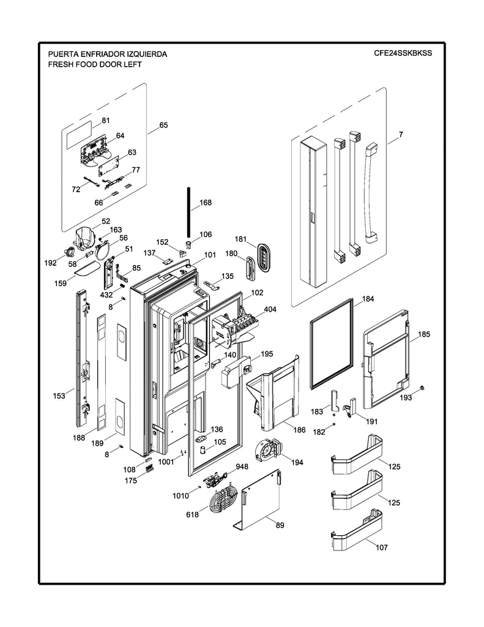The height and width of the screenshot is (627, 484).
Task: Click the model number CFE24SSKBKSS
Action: (x=403, y=53)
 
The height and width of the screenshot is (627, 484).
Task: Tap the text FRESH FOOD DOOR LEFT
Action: (x=92, y=64)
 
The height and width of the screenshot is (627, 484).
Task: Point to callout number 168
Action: (x=206, y=203)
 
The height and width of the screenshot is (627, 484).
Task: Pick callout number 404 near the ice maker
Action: (x=270, y=309)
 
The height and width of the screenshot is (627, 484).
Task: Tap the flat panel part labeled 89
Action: (x=260, y=499)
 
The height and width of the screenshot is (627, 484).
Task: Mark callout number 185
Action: (x=423, y=334)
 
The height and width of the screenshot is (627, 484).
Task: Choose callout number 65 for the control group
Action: (x=163, y=126)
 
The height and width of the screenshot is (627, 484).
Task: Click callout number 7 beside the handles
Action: (x=400, y=133)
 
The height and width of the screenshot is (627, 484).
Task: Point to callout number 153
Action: (x=59, y=396)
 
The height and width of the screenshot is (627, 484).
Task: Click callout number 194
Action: (x=297, y=462)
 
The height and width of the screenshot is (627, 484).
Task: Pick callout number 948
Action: (x=242, y=466)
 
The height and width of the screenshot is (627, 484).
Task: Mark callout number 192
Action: (x=50, y=263)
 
